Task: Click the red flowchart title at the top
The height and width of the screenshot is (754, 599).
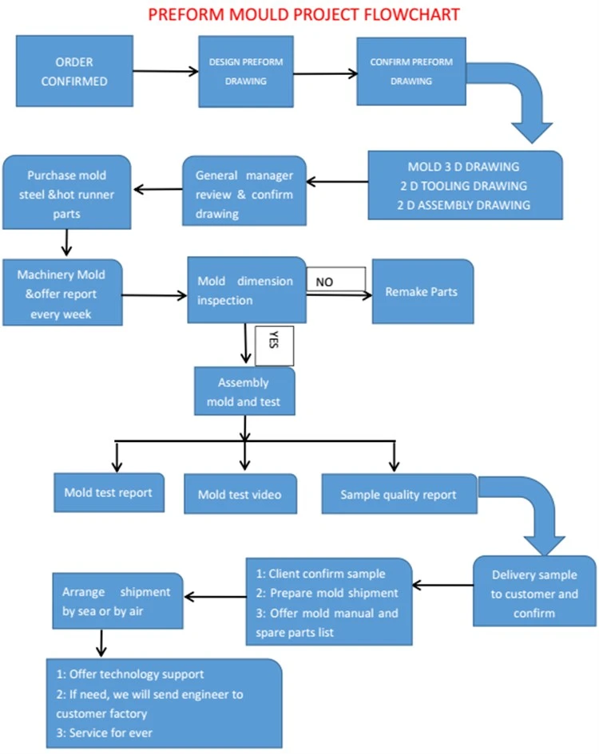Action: coord(303,14)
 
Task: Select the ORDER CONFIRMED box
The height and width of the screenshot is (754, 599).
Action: coord(74,71)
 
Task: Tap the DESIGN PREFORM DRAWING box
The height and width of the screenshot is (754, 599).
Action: coord(246,71)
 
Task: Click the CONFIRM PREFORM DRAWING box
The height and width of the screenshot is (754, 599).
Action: coord(411,71)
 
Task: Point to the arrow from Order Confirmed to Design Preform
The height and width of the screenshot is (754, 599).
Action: coord(165,71)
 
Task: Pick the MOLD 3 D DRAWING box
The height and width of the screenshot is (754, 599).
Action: coord(465,186)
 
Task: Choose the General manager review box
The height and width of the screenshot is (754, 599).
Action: coord(244,191)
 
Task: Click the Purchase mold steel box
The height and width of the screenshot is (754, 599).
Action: coord(66,191)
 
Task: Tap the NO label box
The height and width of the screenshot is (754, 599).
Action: coord(336,279)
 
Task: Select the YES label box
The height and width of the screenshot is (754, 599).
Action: coord(274,345)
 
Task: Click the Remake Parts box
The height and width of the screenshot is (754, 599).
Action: coord(422,291)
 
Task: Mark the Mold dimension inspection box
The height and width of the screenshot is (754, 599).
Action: coord(247,290)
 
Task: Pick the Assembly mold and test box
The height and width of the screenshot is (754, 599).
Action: coord(244,392)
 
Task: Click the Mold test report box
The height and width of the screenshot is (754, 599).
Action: coord(109,492)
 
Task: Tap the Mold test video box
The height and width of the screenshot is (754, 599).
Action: coord(240,494)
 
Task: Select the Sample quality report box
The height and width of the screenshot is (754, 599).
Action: coord(399,494)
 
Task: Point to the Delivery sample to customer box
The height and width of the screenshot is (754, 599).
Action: coord(534,591)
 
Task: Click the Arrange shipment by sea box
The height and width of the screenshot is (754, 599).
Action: coord(117,601)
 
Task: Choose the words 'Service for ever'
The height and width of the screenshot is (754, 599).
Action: coord(111,732)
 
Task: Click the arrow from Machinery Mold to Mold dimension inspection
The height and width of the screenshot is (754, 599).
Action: coord(155,295)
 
